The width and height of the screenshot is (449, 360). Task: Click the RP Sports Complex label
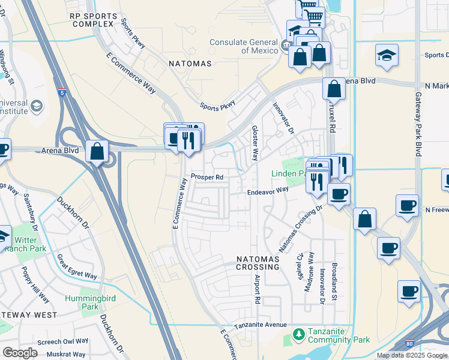pyautogui.click(x=92, y=19)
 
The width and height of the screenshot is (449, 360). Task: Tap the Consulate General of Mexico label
pyautogui.click(x=244, y=46)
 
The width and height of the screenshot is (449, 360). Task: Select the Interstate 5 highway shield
pyautogui.click(x=63, y=93)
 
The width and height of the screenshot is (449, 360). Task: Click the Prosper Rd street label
pyautogui.click(x=207, y=177)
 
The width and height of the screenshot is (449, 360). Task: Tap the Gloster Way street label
pyautogui.click(x=255, y=143)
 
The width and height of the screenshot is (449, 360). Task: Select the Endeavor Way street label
pyautogui.click(x=268, y=191)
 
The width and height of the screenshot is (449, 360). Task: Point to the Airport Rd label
pyautogui.click(x=258, y=288)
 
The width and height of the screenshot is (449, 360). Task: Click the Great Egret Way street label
pyautogui.click(x=77, y=266)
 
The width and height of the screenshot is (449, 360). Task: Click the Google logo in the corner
pyautogui.click(x=20, y=352)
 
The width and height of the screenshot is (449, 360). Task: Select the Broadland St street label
pyautogui.click(x=335, y=281)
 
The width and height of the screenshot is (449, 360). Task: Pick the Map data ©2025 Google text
pyautogui.click(x=412, y=355)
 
